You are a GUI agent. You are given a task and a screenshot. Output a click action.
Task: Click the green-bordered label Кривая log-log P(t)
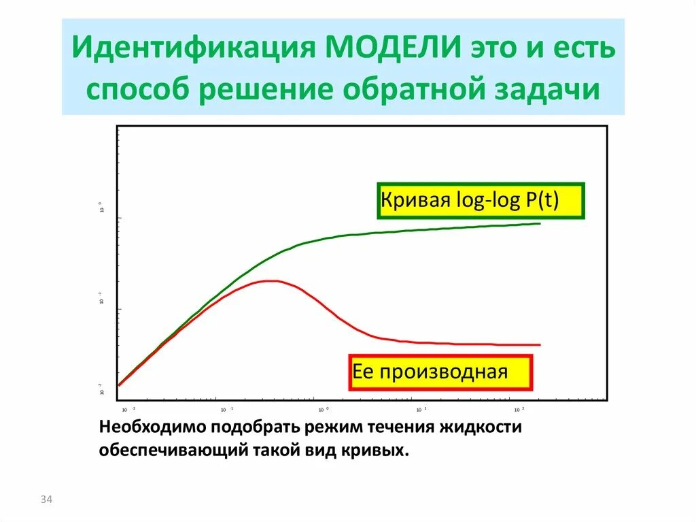click(481, 201)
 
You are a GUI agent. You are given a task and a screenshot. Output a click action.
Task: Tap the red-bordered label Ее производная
click(440, 372)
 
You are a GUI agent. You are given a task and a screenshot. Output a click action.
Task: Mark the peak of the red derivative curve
click(272, 280)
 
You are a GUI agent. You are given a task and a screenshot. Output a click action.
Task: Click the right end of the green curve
click(540, 223)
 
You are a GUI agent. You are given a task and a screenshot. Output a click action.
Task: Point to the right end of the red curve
click(540, 344)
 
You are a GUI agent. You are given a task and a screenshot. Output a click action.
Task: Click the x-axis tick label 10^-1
click(226, 410)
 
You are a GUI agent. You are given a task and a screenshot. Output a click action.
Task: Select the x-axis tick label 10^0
click(324, 410)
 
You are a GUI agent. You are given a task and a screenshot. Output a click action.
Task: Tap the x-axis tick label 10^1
click(421, 410)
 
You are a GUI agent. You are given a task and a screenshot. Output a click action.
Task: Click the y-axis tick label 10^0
click(101, 208)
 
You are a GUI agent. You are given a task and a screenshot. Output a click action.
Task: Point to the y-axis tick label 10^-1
click(101, 298)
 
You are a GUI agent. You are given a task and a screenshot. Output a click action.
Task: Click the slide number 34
click(46, 500)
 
